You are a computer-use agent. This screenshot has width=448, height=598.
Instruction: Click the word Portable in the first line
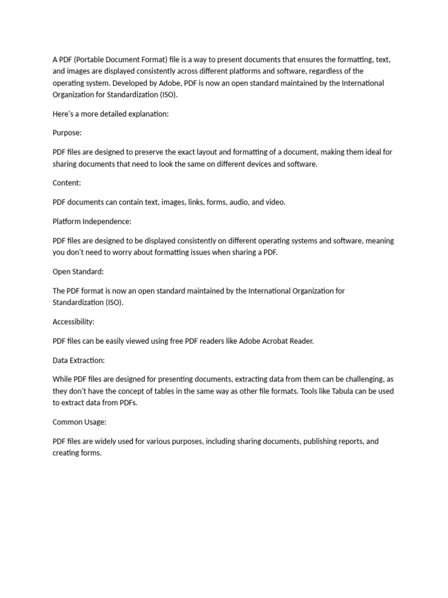[x=92, y=60]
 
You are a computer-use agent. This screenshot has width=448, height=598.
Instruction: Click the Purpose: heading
[x=67, y=133]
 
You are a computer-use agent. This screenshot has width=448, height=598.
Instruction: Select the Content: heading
[x=67, y=183]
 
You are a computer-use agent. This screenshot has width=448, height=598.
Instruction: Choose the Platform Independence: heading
[x=92, y=221]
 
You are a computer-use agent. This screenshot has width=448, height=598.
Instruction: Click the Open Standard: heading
[x=78, y=272]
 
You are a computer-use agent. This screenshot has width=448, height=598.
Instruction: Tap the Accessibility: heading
[x=73, y=322]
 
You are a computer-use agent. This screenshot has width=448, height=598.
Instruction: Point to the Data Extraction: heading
[x=79, y=360]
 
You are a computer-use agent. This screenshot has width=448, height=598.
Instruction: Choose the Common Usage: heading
[x=79, y=422]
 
